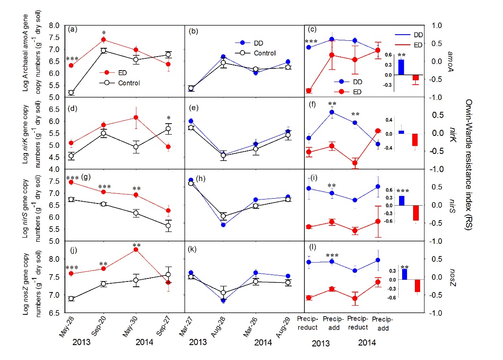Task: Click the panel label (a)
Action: tap(73, 30)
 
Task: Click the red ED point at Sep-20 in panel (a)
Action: tap(103, 40)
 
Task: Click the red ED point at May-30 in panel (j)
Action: tap(136, 250)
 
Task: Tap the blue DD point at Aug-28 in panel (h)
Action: tap(223, 225)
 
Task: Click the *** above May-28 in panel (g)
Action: tap(72, 178)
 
